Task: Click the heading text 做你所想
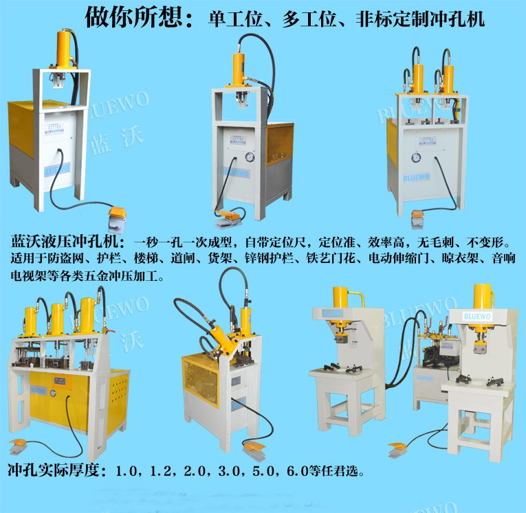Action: pyautogui.click(x=134, y=17)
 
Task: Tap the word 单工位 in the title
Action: pyautogui.click(x=234, y=19)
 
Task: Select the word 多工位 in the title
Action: pyautogui.click(x=309, y=19)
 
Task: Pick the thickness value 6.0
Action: pyautogui.click(x=297, y=471)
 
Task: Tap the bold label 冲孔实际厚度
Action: pyautogui.click(x=54, y=470)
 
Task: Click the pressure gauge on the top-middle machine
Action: pyautogui.click(x=249, y=157)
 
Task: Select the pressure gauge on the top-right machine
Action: pyautogui.click(x=416, y=157)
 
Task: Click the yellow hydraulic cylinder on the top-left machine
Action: pyautogui.click(x=63, y=48)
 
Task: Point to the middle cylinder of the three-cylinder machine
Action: pyautogui.click(x=57, y=319)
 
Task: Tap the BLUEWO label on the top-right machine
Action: pyautogui.click(x=416, y=177)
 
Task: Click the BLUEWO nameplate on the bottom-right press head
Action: pyautogui.click(x=477, y=316)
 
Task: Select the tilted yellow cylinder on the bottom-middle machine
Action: pyautogui.click(x=221, y=340)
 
